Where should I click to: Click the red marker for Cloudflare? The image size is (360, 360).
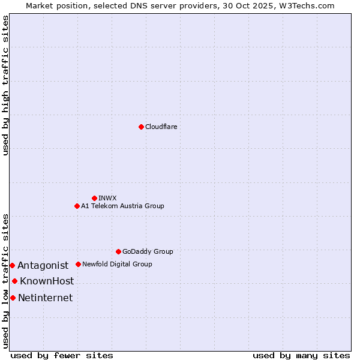141,127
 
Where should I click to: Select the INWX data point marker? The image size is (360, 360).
94,198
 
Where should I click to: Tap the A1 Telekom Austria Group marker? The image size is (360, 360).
77,206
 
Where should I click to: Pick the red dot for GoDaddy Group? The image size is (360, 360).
118,251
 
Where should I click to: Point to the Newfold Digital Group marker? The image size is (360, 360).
78,264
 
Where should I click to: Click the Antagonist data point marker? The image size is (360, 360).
12,265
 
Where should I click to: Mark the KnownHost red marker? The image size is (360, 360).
14,281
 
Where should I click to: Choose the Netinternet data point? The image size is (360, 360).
13,298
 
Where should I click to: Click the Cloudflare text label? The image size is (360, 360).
161,127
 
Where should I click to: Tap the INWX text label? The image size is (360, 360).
107,198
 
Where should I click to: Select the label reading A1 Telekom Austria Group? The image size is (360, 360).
122,206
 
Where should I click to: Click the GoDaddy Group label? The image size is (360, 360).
148,251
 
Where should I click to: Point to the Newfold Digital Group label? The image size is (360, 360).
117,264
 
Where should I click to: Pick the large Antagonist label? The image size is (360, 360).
43,265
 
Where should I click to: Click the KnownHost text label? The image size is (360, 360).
47,281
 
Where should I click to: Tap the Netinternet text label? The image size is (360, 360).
46,298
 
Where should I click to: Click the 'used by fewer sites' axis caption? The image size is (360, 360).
62,355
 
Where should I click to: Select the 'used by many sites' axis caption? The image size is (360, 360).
301,355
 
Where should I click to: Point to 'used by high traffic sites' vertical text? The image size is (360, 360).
5,85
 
